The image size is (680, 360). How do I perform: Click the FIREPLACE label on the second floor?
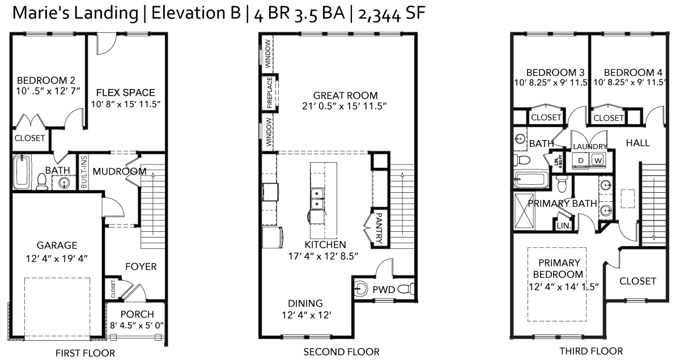pos(270,93)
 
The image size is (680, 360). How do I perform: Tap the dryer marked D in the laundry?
pos(580,160)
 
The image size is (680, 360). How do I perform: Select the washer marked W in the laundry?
pos(598,160)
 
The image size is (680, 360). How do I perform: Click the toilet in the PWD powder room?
pos(406,289)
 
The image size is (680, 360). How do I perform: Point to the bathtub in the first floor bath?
pos(22,172)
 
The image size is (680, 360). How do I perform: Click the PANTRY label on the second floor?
pos(379,228)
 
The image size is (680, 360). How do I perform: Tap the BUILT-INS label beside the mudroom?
pos(84,172)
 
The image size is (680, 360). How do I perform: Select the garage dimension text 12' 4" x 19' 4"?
pos(57,259)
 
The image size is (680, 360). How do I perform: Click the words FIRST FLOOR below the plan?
pos(86,353)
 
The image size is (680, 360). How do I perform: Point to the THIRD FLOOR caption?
pos(591,351)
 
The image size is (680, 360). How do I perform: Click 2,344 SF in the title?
pos(392,14)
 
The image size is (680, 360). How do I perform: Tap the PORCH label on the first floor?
pos(137,314)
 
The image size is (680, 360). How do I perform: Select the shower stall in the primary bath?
pos(524,211)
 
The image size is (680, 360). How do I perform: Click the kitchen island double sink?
pos(317,198)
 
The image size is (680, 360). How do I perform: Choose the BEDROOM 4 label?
pos(633,73)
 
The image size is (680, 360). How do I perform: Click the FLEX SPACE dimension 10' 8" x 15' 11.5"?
pos(126,104)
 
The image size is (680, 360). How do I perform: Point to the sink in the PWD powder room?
pos(360,289)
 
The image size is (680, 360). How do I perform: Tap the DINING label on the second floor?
pos(305,303)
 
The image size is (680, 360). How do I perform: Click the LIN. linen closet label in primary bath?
pos(564,226)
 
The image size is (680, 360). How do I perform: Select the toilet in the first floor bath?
pos(41,181)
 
